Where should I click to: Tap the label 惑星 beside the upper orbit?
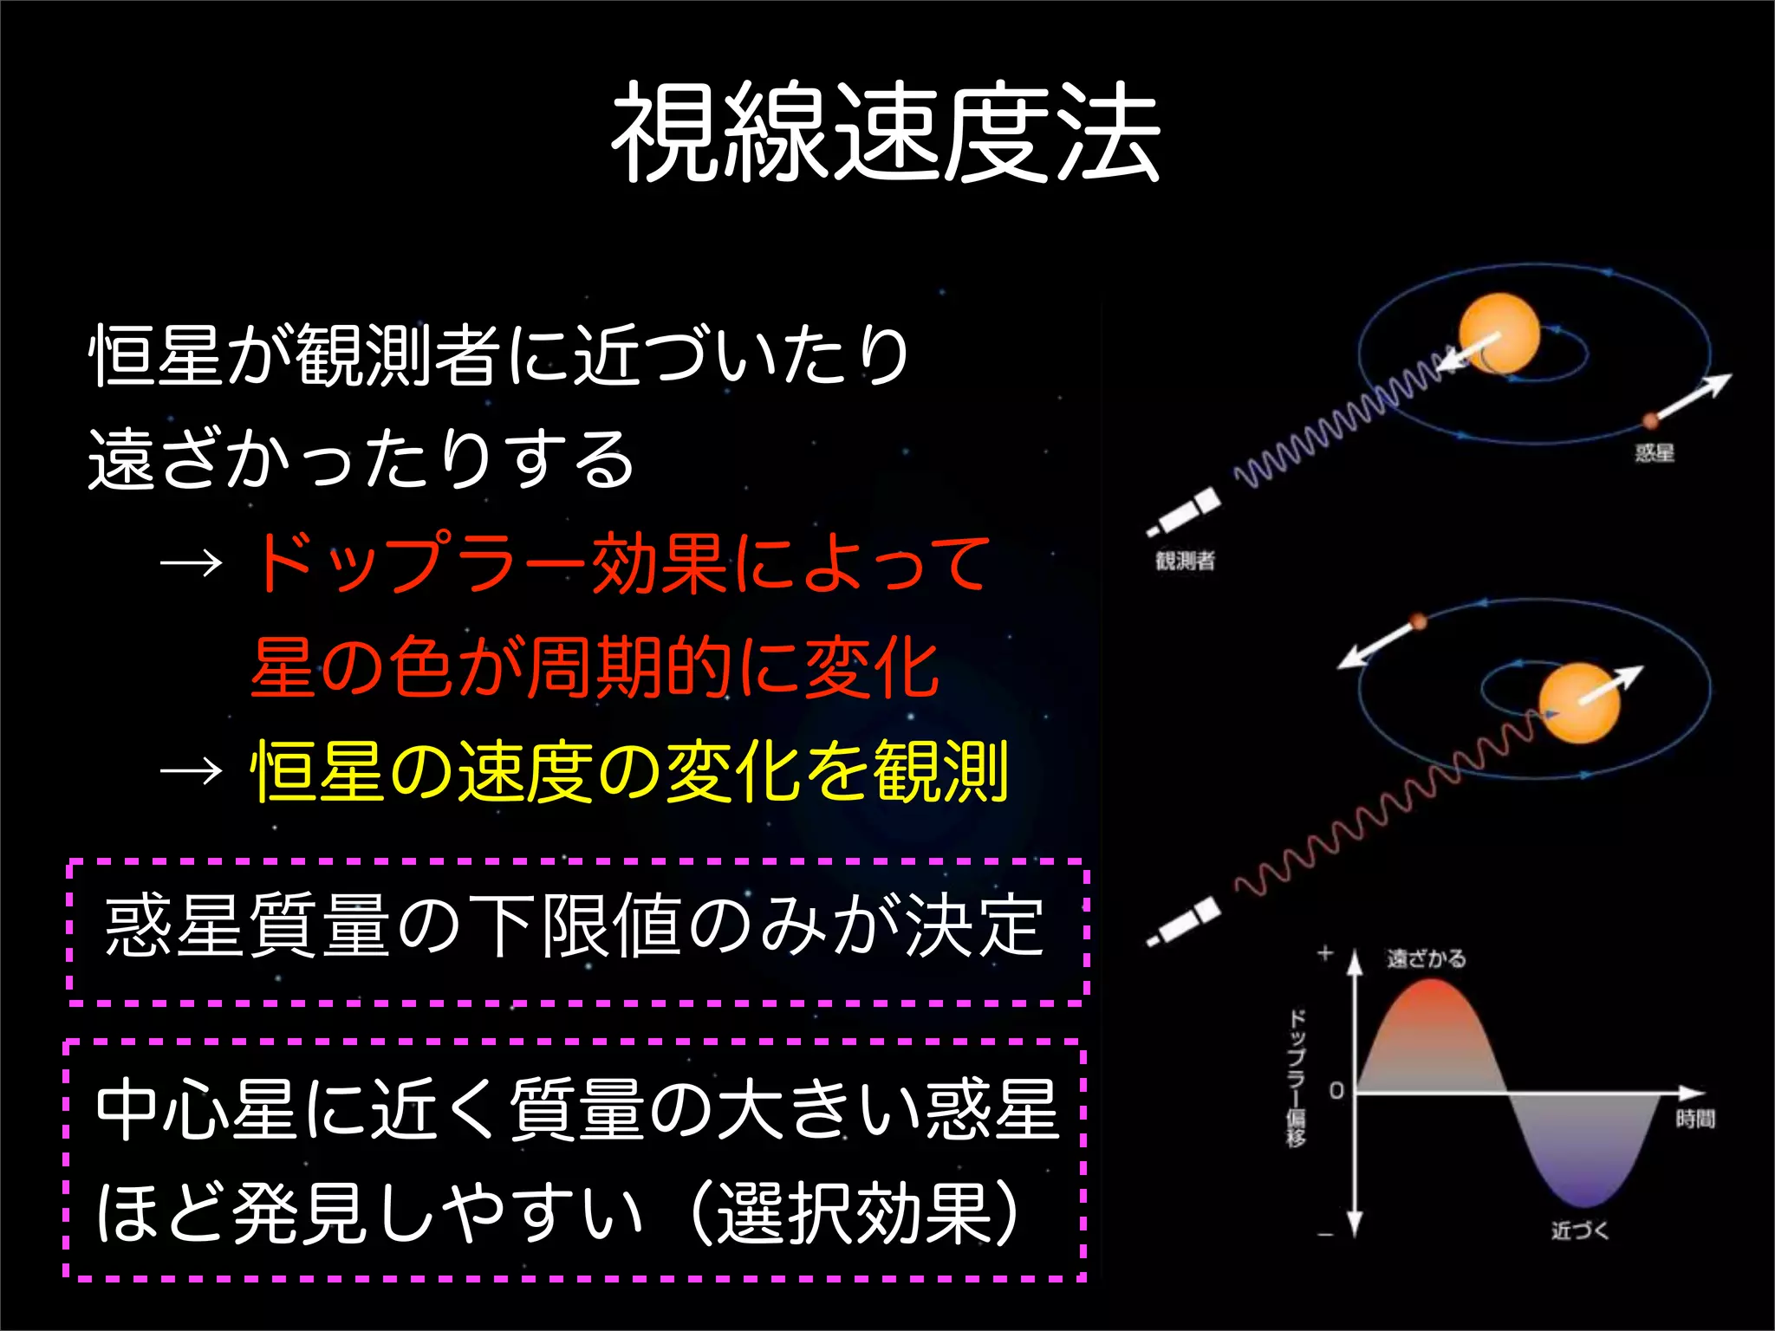click(1654, 452)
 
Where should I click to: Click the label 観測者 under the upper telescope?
click(1185, 561)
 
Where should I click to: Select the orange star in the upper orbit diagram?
click(1499, 334)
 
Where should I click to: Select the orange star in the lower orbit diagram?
click(1579, 703)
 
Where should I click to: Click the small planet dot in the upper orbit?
click(1650, 420)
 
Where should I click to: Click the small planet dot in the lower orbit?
click(1418, 621)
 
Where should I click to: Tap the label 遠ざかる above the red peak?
click(1427, 958)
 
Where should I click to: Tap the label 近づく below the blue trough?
click(1579, 1230)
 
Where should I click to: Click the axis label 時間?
click(1695, 1119)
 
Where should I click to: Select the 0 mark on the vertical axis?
click(1336, 1091)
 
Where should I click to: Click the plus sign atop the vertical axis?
click(1325, 954)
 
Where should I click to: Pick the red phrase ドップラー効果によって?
click(620, 563)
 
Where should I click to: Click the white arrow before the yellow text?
click(192, 770)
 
